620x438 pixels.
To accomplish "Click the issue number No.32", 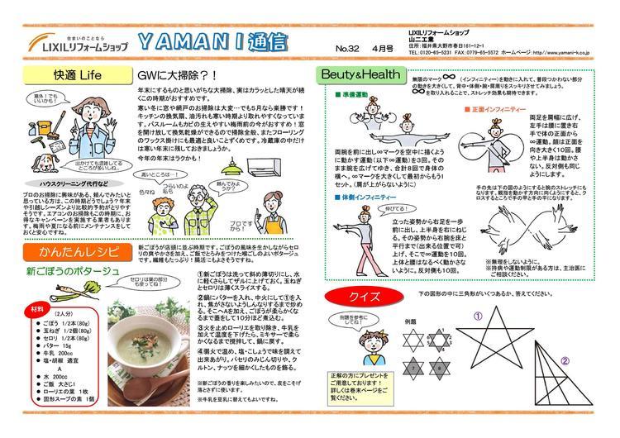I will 347,49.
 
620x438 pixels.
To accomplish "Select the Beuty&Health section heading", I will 360,74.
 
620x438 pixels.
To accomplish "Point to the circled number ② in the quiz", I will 565,359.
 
